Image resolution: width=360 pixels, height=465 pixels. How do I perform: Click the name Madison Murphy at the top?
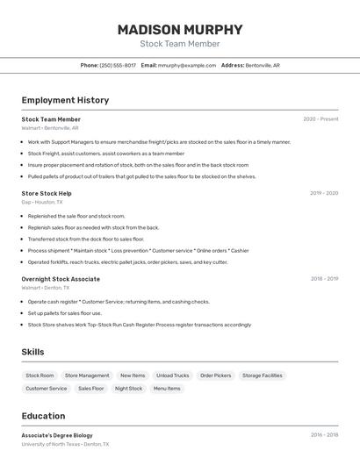click(x=179, y=29)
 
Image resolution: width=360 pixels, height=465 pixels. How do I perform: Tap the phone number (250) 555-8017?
click(x=118, y=65)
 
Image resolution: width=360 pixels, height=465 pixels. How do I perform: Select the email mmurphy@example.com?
click(x=187, y=65)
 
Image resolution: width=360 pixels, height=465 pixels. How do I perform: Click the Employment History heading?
click(x=65, y=101)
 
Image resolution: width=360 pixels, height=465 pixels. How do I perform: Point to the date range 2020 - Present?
click(x=320, y=119)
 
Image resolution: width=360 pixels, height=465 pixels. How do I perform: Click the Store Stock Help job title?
click(x=47, y=193)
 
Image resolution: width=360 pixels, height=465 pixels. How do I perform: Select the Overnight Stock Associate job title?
click(x=61, y=279)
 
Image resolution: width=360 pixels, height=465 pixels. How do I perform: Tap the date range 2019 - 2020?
click(x=324, y=193)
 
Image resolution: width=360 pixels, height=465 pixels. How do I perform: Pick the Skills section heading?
click(x=33, y=352)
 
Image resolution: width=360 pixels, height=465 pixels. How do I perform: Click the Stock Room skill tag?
click(x=40, y=376)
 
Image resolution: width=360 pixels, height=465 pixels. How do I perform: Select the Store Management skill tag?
click(x=87, y=376)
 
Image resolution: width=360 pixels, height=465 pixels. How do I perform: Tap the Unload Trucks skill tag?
click(x=173, y=376)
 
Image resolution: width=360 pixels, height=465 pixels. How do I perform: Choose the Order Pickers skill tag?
click(x=215, y=376)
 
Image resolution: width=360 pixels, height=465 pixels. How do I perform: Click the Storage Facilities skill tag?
click(x=263, y=376)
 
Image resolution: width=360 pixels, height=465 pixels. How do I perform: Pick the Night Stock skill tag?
click(x=128, y=388)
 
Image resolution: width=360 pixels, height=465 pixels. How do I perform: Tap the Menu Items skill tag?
click(x=167, y=388)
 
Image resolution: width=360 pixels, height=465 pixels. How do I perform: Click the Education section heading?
click(x=43, y=416)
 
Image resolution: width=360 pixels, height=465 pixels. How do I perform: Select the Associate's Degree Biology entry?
click(x=57, y=435)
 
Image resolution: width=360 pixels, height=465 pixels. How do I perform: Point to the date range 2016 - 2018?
click(x=324, y=435)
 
